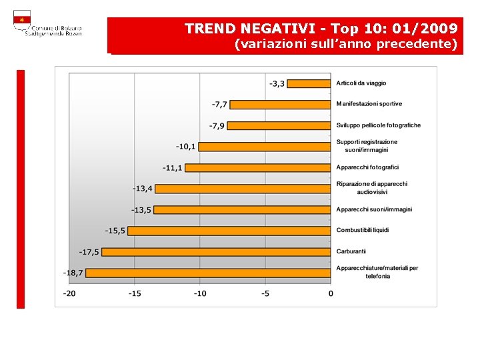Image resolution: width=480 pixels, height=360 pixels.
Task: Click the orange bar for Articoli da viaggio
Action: (309, 83)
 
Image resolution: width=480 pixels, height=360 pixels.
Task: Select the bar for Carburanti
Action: (216, 251)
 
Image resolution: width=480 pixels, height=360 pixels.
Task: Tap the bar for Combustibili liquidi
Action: (229, 231)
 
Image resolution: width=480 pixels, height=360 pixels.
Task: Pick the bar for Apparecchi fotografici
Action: (258, 167)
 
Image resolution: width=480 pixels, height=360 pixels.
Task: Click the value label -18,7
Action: (73, 273)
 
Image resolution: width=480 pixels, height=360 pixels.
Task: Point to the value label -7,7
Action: (219, 105)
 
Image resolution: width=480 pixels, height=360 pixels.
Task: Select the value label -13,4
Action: (142, 189)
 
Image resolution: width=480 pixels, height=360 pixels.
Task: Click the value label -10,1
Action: (185, 146)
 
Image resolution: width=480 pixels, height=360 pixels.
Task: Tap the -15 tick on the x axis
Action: (135, 293)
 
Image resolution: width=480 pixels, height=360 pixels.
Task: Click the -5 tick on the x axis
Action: (265, 293)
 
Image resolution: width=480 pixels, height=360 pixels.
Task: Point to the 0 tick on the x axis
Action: (331, 293)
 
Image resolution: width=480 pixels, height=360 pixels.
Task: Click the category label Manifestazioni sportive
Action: (369, 104)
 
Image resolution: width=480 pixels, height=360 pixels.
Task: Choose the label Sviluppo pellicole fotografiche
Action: (378, 125)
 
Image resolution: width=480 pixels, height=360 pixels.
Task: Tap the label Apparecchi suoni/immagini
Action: (374, 209)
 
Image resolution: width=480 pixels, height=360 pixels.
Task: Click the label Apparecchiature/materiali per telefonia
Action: (377, 272)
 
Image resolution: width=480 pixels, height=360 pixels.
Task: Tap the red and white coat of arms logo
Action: (22, 21)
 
